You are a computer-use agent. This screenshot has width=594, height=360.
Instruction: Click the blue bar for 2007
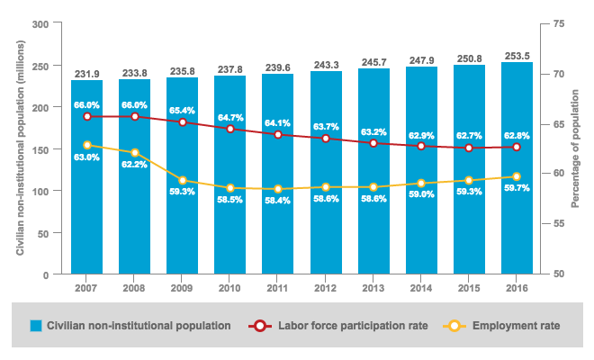click(x=87, y=225)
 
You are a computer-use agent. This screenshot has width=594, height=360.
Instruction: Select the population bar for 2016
click(x=517, y=225)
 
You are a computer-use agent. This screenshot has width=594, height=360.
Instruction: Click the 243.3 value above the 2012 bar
click(x=326, y=65)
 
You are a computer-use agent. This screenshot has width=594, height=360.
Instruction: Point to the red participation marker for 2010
click(x=230, y=129)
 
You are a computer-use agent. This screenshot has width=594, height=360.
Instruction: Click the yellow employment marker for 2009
click(x=183, y=180)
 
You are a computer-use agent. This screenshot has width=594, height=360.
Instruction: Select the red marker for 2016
click(x=517, y=147)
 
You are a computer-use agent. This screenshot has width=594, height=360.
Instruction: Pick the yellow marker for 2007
click(x=87, y=145)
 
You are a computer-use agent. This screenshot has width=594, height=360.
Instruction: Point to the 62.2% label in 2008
click(x=135, y=165)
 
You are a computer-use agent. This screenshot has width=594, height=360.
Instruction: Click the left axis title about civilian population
click(x=20, y=148)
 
